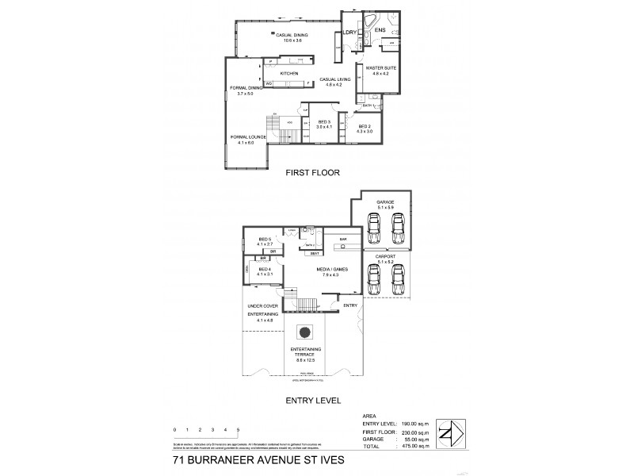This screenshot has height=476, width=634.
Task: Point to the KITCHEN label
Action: tap(288, 74)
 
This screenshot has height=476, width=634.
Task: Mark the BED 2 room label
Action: tap(365, 127)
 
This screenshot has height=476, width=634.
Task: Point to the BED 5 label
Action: tap(265, 240)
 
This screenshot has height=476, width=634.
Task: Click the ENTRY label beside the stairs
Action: tap(349, 305)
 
